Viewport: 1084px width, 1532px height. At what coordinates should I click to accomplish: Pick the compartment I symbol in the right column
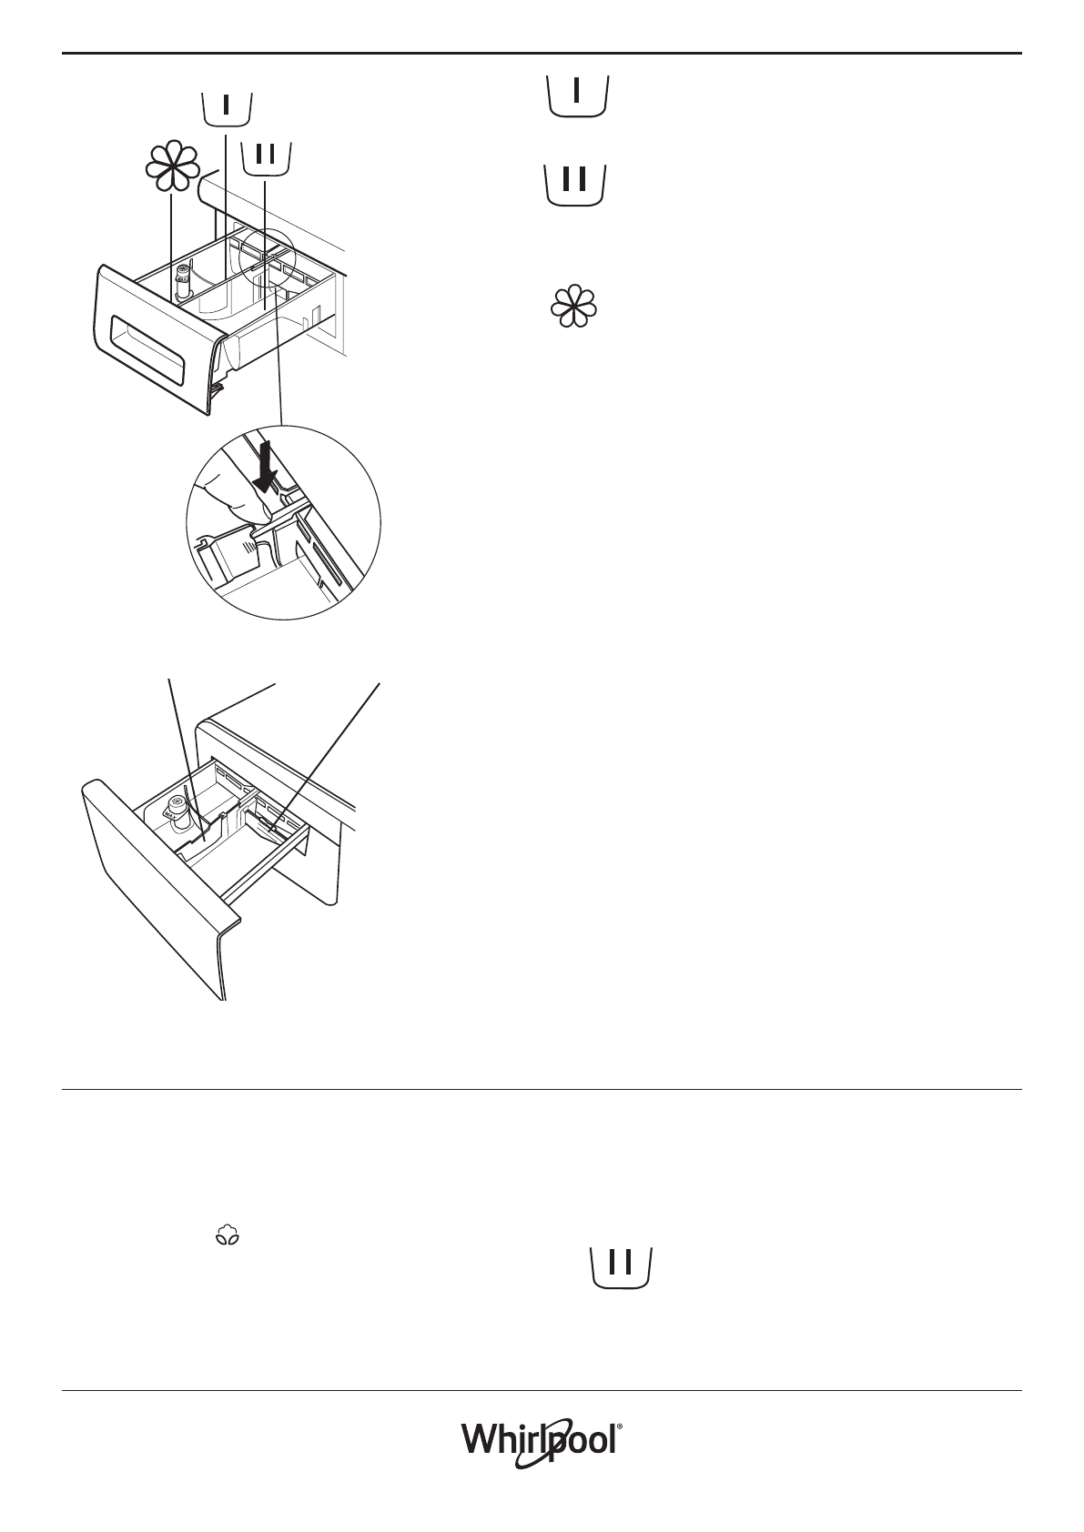[577, 96]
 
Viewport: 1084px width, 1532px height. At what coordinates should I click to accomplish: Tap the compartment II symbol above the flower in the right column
[575, 185]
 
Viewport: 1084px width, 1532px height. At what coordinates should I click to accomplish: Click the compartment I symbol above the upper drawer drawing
[226, 107]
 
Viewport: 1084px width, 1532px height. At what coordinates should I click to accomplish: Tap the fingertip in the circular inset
[228, 496]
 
